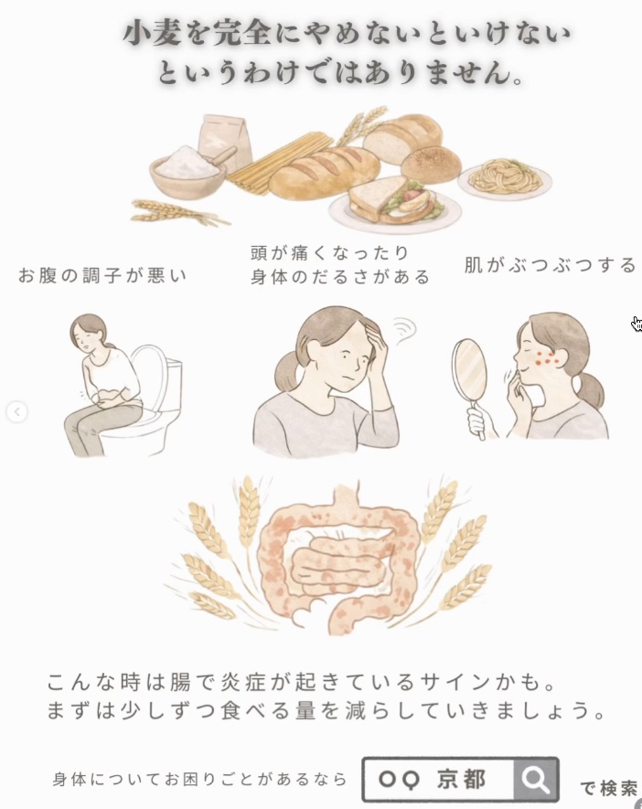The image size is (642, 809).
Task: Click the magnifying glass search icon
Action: [535, 780]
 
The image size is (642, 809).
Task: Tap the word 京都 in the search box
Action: [462, 779]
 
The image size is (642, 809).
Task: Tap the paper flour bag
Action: [225, 141]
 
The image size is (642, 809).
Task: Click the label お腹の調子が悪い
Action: [102, 275]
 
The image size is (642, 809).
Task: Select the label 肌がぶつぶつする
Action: [550, 265]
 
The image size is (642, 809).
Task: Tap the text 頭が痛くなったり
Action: [329, 253]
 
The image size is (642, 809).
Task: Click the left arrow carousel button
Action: [16, 411]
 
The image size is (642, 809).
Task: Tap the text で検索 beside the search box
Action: [609, 788]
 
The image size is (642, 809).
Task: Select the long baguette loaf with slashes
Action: [324, 173]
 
